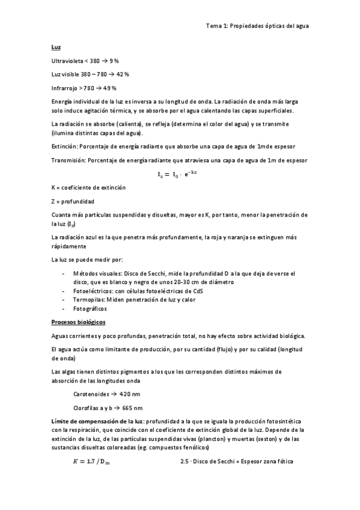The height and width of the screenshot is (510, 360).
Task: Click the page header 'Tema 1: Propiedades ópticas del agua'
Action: pyautogui.click(x=257, y=26)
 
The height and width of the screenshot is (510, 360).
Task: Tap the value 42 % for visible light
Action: pyautogui.click(x=122, y=74)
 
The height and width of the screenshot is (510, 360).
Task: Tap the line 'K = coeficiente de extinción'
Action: pyautogui.click(x=89, y=188)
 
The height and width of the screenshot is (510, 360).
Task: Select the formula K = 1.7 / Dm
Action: pyautogui.click(x=95, y=461)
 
